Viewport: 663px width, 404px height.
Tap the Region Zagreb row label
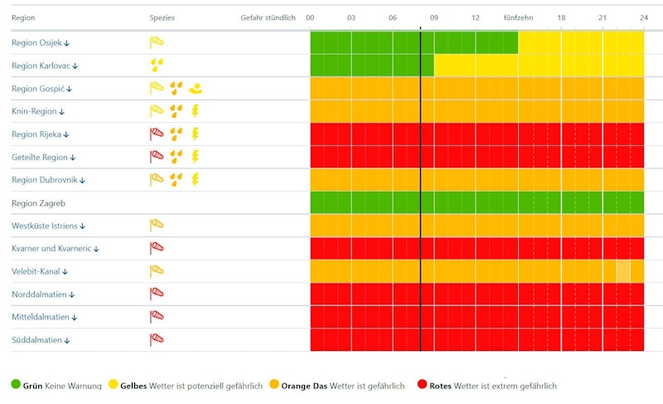click(38, 202)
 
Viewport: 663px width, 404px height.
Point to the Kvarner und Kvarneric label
click(55, 248)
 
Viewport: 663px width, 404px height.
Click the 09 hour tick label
click(433, 17)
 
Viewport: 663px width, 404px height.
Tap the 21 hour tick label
click(603, 17)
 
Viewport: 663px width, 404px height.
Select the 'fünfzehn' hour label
click(518, 17)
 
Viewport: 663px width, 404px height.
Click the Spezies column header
click(162, 17)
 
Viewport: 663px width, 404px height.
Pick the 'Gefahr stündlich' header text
click(268, 17)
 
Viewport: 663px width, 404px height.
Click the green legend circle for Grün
click(16, 385)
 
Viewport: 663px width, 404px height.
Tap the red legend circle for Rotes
click(422, 385)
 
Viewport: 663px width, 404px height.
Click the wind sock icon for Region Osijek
click(157, 42)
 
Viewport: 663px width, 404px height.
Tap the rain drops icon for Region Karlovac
click(157, 65)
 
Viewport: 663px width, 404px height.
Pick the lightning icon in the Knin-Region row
click(196, 110)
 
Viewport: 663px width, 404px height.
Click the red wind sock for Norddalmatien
click(157, 294)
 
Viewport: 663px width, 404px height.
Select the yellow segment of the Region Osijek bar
click(580, 42)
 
